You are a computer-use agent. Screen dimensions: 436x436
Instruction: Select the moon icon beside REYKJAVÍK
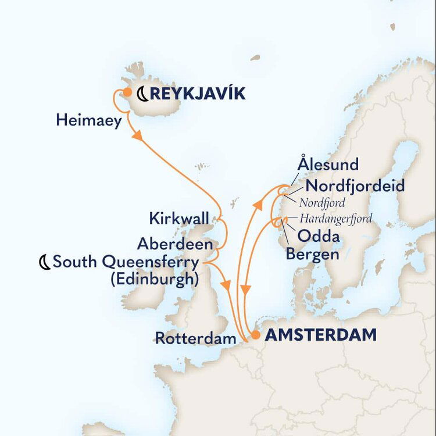(142, 93)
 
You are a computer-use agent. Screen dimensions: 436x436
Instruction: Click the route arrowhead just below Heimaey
(139, 135)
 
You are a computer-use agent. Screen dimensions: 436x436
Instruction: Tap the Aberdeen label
(175, 242)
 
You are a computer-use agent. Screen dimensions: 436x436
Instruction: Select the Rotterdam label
(195, 338)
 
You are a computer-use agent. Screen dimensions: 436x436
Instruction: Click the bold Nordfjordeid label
(355, 186)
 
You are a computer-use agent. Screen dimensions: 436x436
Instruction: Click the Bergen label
(312, 254)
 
